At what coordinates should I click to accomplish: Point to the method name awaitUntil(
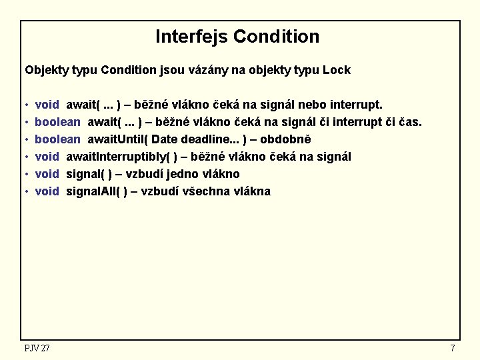(119, 139)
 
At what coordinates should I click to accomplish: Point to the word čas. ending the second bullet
(409, 122)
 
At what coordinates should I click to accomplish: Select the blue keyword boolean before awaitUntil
(57, 139)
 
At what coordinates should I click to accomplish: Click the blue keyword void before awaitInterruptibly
(47, 157)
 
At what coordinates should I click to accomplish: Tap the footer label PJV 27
(37, 348)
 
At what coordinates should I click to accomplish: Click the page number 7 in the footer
(453, 348)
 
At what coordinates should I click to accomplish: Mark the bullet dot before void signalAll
(25, 192)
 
